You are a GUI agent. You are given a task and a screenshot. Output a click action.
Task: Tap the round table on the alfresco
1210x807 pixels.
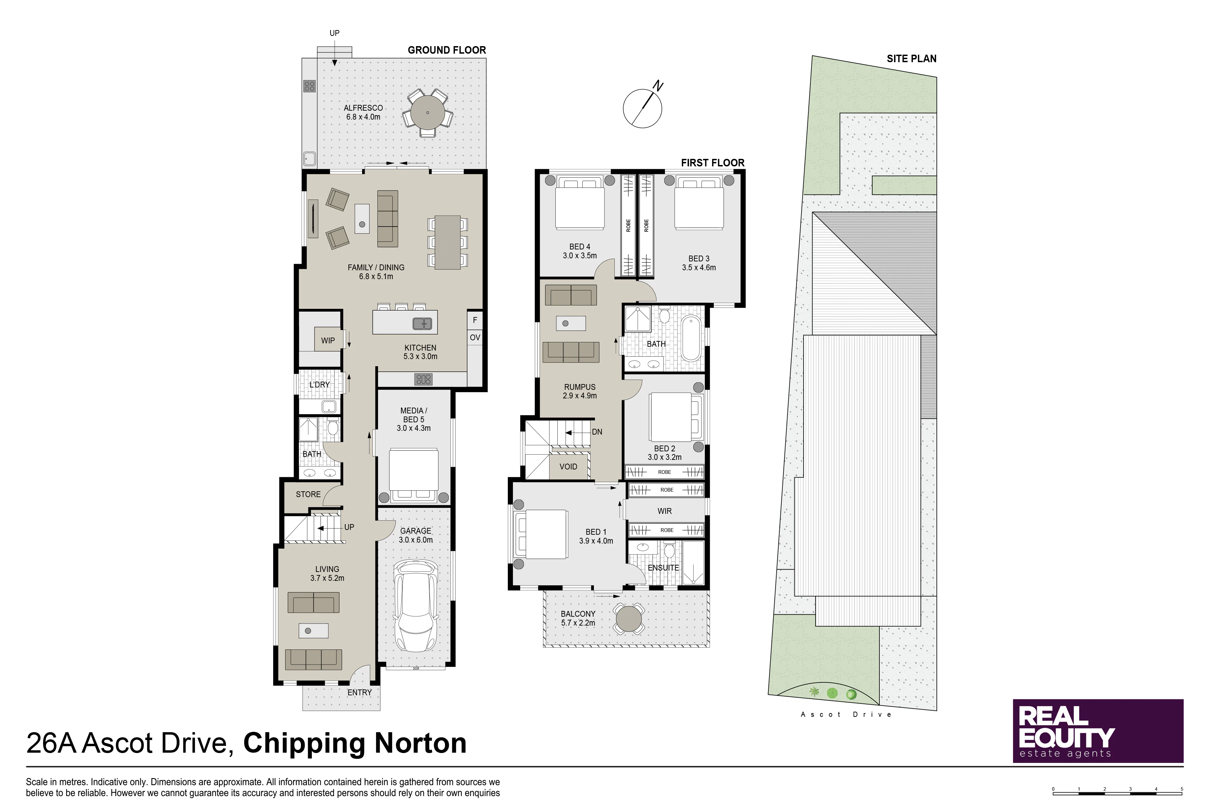[x=428, y=113]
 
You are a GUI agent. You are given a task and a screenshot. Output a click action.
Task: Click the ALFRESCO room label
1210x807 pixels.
[x=363, y=108]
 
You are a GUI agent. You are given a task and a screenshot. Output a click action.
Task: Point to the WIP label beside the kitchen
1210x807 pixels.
[x=328, y=340]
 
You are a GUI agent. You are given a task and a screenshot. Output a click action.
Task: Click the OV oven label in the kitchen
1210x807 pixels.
[x=475, y=338]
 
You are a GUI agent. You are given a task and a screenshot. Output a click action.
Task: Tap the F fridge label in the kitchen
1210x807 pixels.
[x=475, y=320]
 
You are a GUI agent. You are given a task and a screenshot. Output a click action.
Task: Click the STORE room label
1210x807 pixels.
[x=308, y=494]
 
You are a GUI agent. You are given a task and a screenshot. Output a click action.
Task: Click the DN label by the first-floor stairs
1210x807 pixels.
[x=597, y=432]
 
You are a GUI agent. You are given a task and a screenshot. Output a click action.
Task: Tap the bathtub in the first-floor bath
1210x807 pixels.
[x=691, y=339]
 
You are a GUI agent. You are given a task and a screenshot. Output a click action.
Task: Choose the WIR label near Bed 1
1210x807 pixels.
[x=665, y=511]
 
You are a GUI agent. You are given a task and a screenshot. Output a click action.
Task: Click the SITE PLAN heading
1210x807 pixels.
[x=912, y=59]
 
